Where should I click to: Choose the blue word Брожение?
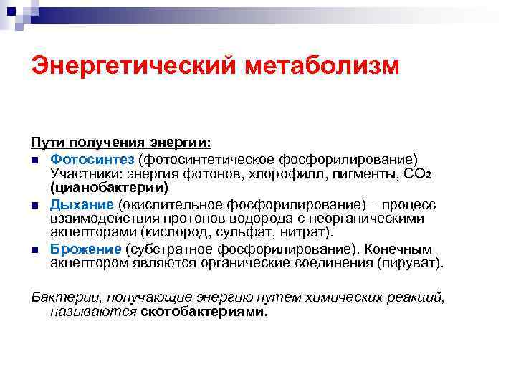click(x=86, y=249)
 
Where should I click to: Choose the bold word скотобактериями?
click(x=204, y=312)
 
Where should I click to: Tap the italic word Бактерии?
click(x=59, y=296)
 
